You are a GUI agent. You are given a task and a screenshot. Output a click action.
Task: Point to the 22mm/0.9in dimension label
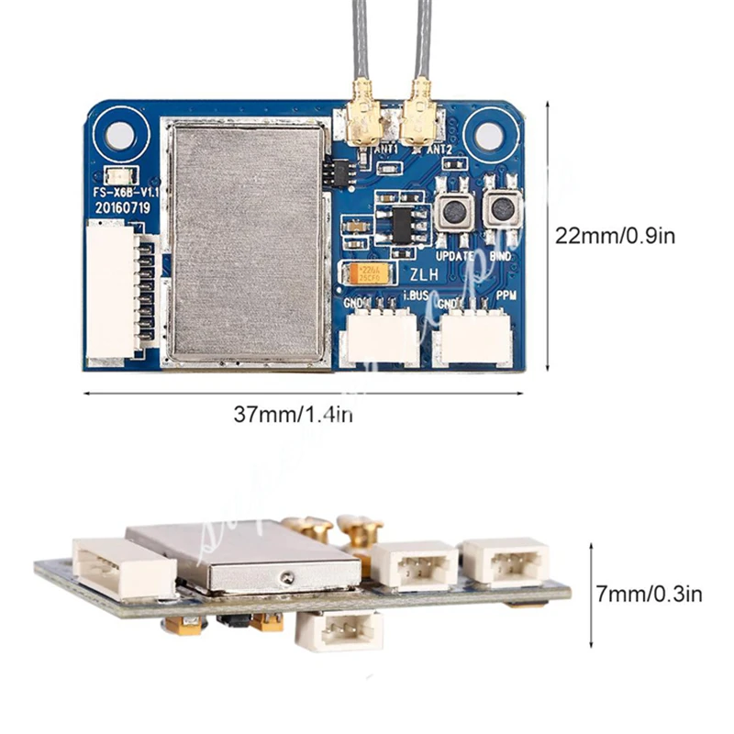(x=615, y=236)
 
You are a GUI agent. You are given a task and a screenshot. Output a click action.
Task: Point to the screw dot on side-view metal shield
(x=288, y=576)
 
